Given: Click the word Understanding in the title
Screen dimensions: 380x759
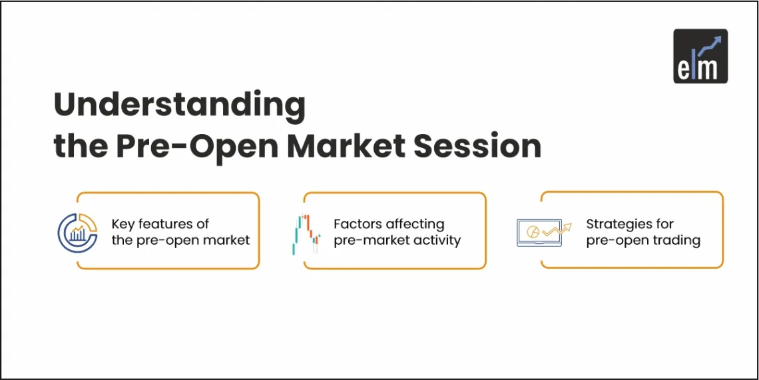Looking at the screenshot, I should coord(179,106).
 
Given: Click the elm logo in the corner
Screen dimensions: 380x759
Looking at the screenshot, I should coord(700,56).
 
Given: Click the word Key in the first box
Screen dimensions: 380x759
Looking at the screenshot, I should coord(124,225).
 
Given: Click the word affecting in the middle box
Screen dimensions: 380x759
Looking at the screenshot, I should coord(415,225).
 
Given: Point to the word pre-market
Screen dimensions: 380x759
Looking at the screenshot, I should coord(370,241).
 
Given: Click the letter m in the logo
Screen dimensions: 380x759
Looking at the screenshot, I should coord(710,68).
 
